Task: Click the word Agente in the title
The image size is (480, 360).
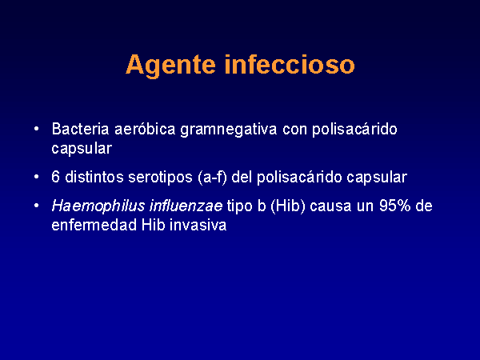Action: tap(171, 66)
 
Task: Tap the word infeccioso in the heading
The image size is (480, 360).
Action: tap(290, 64)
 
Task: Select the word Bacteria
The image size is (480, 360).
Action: tap(80, 129)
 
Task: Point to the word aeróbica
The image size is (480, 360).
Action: tap(145, 129)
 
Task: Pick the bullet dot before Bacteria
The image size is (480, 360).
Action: tap(37, 129)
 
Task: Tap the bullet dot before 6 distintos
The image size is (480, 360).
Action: tap(37, 177)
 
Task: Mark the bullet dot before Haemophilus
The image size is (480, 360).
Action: tap(37, 206)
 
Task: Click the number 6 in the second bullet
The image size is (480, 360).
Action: tap(55, 177)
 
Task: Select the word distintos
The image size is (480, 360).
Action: tap(94, 177)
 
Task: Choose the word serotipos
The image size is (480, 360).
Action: tap(161, 178)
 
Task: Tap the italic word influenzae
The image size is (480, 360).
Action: tap(186, 206)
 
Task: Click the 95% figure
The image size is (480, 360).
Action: tap(395, 206)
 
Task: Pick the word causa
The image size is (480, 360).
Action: tap(330, 206)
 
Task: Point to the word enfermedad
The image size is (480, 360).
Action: tap(94, 225)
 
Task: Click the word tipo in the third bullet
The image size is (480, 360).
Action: tap(240, 206)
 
